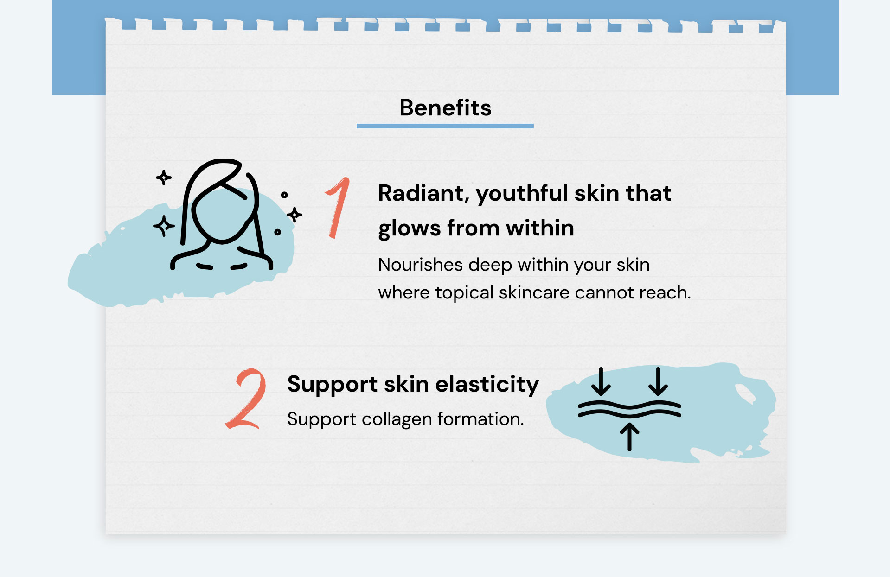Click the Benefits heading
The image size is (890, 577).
445,108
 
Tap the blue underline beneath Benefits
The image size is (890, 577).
445,126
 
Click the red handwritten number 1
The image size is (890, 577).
338,208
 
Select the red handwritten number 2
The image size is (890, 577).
246,399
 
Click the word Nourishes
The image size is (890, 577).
420,265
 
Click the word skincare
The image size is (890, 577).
534,292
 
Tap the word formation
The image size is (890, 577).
481,419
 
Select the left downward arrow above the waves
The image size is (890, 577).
601,381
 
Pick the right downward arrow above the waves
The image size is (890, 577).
658,381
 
